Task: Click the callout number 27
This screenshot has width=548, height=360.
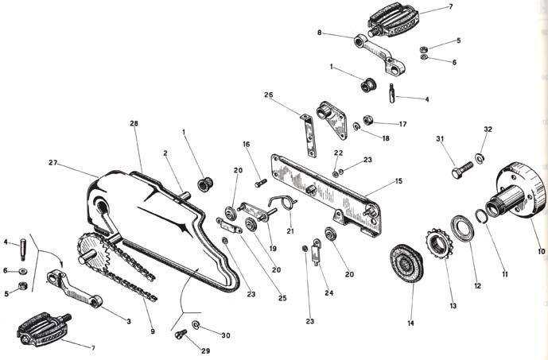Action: click(52, 163)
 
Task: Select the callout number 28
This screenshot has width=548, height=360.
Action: click(134, 123)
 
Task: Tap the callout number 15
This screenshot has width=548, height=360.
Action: click(398, 181)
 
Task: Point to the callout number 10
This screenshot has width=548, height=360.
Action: click(542, 251)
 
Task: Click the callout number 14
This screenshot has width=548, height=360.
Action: click(410, 323)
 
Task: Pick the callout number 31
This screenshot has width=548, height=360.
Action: click(440, 138)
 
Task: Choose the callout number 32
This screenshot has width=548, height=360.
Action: click(488, 130)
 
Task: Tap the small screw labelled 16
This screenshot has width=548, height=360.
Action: click(261, 183)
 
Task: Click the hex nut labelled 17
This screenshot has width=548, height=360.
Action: click(367, 120)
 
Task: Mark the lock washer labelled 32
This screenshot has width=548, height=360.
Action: click(479, 158)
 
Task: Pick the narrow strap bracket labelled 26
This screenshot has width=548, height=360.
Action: click(309, 135)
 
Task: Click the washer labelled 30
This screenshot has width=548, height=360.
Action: click(196, 325)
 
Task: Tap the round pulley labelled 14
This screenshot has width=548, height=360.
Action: click(406, 263)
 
